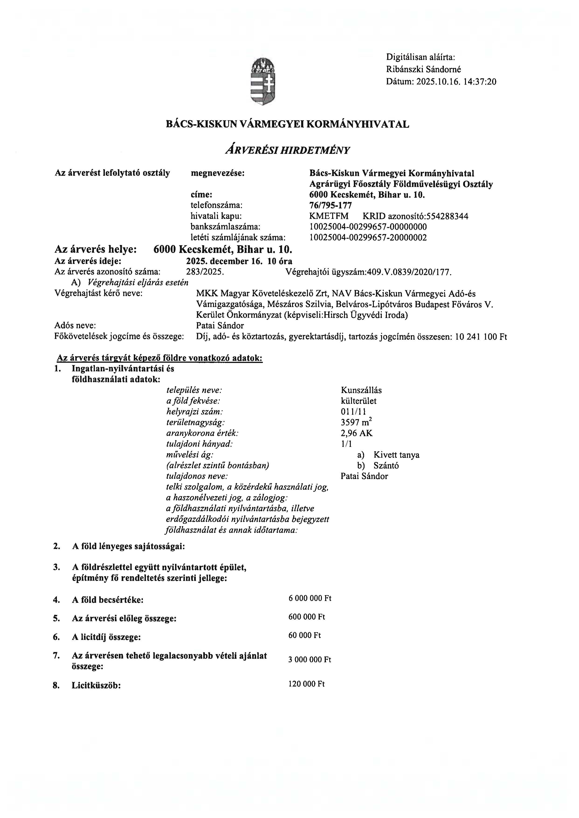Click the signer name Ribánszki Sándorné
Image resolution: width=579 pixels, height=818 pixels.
click(423, 69)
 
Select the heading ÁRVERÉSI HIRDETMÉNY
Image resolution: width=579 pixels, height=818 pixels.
click(287, 150)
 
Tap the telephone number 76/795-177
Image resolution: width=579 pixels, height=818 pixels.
click(331, 205)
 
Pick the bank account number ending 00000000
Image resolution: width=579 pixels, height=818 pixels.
click(368, 227)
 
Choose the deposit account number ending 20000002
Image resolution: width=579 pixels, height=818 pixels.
click(368, 238)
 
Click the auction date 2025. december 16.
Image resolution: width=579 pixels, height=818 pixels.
click(224, 261)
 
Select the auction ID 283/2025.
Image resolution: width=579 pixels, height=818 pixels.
click(205, 272)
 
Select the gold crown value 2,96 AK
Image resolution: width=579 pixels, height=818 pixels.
click(357, 433)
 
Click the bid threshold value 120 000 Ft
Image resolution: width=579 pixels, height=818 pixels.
click(306, 683)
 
